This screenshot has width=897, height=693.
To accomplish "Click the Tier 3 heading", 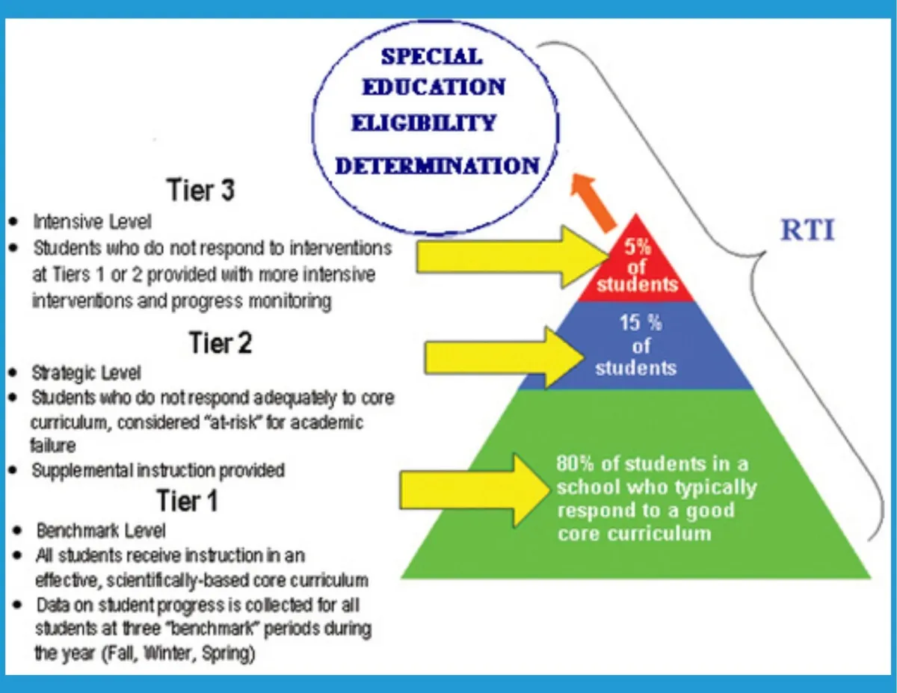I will click(x=201, y=190).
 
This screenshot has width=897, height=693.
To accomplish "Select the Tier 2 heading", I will click(x=221, y=345).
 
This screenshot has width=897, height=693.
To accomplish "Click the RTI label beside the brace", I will click(x=807, y=231).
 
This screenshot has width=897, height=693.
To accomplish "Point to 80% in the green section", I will click(x=574, y=463).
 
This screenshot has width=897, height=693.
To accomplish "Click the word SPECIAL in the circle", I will click(x=431, y=57).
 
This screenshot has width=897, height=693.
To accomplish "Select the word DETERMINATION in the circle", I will click(x=437, y=166).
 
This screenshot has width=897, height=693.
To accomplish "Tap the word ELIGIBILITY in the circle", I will click(x=423, y=123).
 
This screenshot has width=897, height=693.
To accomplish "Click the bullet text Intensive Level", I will click(x=92, y=222).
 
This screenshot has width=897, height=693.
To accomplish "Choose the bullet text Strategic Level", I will click(x=86, y=372).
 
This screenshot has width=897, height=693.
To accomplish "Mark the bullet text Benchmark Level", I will click(x=101, y=531).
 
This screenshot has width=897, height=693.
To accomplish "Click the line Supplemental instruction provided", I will click(x=158, y=470).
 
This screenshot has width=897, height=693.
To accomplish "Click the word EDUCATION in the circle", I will click(x=434, y=87).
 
